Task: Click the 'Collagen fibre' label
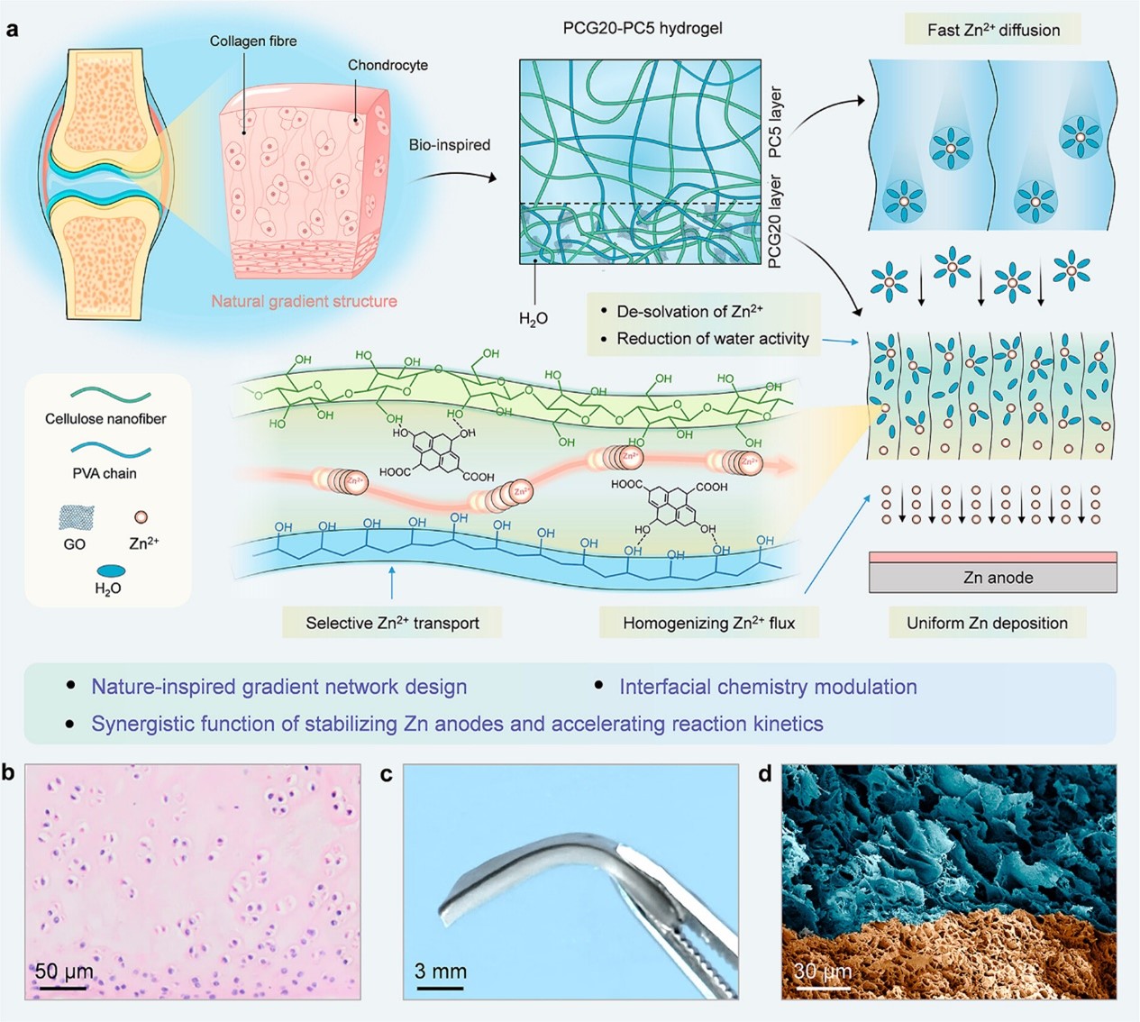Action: pyautogui.click(x=252, y=41)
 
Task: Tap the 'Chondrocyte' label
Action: pyautogui.click(x=388, y=65)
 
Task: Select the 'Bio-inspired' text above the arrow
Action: pyautogui.click(x=449, y=144)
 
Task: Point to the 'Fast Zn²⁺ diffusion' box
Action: pyautogui.click(x=993, y=30)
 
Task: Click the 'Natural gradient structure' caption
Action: pyautogui.click(x=304, y=301)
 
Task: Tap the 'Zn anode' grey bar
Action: pyautogui.click(x=993, y=578)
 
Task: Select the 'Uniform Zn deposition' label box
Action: pyautogui.click(x=987, y=623)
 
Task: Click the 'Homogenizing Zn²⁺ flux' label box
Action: pyautogui.click(x=708, y=623)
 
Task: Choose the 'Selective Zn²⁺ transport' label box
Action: pyautogui.click(x=392, y=623)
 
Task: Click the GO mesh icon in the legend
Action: pyautogui.click(x=75, y=518)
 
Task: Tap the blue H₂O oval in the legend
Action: pyautogui.click(x=109, y=570)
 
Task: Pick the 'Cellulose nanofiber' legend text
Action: pyautogui.click(x=105, y=418)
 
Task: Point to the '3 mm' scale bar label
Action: pyautogui.click(x=440, y=971)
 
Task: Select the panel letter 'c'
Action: pyautogui.click(x=387, y=773)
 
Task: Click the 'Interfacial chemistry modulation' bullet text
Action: pyautogui.click(x=768, y=687)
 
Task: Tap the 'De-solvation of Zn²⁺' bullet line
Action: pyautogui.click(x=689, y=311)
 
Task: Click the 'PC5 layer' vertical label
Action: pyautogui.click(x=776, y=123)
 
